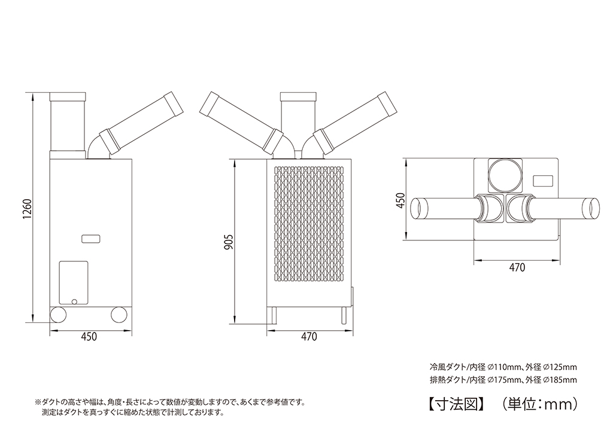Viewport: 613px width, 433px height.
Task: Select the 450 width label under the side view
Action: click(89, 337)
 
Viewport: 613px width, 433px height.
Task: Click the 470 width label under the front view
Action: click(309, 337)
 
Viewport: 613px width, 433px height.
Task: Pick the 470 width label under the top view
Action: click(517, 267)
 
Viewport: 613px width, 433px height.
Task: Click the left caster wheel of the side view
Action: click(58, 315)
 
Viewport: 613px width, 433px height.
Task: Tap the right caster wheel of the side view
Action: click(120, 315)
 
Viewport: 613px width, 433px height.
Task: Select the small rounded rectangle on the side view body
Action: click(92, 238)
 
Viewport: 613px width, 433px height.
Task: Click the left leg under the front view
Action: click(272, 315)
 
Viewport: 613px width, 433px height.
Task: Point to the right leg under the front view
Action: click(344, 315)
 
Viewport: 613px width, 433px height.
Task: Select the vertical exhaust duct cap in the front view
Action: click(298, 97)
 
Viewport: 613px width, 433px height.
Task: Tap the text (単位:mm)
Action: click(539, 403)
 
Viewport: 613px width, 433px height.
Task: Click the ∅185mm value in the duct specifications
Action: click(559, 380)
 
